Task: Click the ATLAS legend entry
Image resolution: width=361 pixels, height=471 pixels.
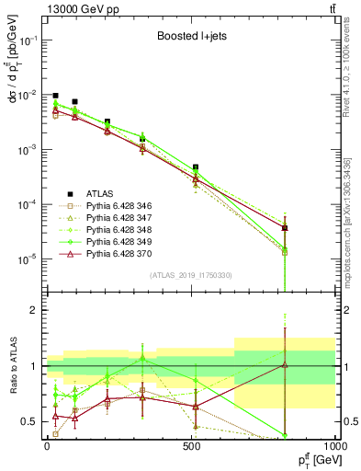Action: point(100,193)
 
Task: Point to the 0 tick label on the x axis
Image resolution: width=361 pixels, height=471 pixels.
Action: point(47,444)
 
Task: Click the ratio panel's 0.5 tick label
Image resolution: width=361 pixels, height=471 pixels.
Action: point(31,421)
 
